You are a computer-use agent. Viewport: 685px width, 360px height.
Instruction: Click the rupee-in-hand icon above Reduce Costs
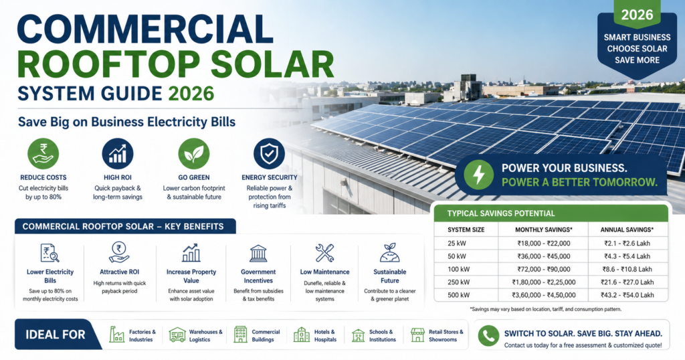(43, 154)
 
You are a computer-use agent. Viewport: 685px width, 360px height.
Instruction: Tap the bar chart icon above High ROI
(118, 154)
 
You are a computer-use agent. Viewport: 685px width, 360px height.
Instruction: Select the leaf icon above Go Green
(194, 154)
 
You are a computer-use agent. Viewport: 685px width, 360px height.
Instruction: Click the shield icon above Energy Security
(270, 154)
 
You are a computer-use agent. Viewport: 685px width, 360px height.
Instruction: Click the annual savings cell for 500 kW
(627, 294)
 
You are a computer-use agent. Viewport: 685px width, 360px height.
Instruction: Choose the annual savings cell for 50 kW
(627, 255)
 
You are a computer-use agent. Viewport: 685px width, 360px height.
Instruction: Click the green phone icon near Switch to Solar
(489, 335)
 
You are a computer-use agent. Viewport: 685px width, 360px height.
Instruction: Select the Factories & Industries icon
(117, 335)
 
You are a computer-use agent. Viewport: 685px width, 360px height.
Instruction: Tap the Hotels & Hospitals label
(324, 335)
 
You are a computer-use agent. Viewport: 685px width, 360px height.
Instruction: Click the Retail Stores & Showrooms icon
(418, 335)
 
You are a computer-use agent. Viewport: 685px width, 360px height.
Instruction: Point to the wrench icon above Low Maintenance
(324, 252)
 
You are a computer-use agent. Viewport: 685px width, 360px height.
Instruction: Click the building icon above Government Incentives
(258, 253)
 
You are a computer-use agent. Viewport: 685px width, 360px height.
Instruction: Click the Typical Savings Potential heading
(495, 213)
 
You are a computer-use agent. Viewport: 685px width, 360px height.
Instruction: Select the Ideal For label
(55, 335)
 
